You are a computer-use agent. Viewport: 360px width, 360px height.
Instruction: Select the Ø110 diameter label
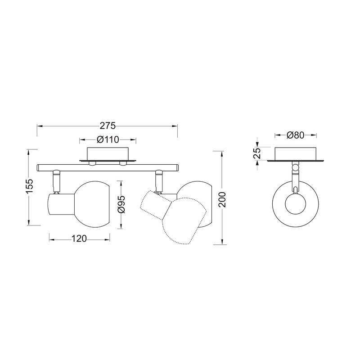[107, 139]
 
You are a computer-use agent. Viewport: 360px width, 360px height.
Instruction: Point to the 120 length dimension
[79, 239]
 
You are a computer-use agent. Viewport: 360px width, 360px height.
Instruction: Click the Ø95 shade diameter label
[120, 204]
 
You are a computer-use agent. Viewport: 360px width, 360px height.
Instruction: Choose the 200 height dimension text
[222, 198]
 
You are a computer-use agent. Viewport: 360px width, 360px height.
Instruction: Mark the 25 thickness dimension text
[257, 154]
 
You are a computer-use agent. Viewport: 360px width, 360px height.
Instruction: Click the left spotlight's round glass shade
[93, 204]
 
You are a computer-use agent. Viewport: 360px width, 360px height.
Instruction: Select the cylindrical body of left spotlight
[61, 205]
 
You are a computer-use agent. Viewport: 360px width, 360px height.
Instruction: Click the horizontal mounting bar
[108, 167]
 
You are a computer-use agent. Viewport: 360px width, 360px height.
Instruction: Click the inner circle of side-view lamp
[295, 205]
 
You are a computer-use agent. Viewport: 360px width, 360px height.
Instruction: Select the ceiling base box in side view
[295, 153]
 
